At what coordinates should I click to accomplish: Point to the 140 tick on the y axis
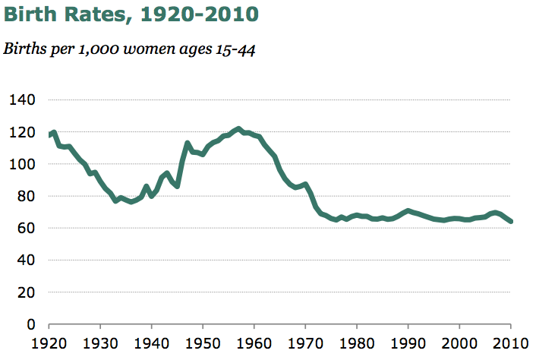coord(21,100)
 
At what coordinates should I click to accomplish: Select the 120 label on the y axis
coord(21,132)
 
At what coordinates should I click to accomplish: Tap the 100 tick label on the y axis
coord(21,164)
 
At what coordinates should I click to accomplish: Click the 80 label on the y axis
coord(25,197)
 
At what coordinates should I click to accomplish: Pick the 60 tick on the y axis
coord(25,229)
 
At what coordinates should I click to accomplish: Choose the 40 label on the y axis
coord(25,261)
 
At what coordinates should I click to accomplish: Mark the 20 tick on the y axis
coord(25,292)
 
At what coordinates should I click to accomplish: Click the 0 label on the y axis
coord(30,325)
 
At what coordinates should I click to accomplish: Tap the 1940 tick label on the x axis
coord(153,343)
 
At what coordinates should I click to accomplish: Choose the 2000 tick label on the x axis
coord(460,343)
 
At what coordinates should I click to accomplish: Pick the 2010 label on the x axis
coord(510,343)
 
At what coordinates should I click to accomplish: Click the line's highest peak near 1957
coord(238,129)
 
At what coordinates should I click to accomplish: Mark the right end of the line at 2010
coord(511,222)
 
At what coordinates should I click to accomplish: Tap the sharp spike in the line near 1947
coord(188,143)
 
